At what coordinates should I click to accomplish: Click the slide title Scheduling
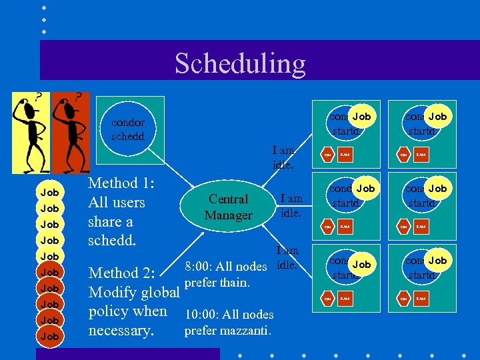[x=240, y=63]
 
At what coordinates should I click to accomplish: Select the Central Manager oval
[x=229, y=207]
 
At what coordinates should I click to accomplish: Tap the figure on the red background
[x=71, y=131]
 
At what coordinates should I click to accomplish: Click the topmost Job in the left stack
[x=50, y=192]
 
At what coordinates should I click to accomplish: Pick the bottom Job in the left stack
[x=50, y=336]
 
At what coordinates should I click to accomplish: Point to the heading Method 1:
[x=121, y=183]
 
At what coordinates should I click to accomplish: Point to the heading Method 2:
[x=121, y=273]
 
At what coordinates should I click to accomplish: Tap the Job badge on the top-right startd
[x=437, y=117]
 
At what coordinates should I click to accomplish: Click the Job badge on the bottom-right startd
[x=437, y=260]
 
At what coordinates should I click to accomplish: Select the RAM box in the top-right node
[x=421, y=155]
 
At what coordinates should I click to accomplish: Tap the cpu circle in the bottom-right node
[x=403, y=299]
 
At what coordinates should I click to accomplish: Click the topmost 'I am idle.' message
[x=283, y=158]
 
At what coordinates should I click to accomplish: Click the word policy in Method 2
[x=109, y=311]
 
